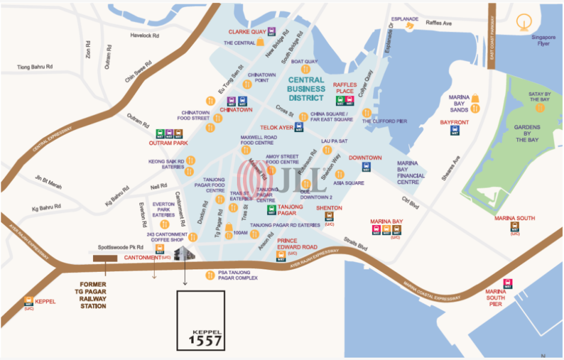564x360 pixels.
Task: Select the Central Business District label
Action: pos(307,89)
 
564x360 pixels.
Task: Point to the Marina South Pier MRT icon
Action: pos(508,284)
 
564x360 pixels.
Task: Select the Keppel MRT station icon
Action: pos(29,302)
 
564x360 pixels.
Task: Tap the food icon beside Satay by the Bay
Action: pos(539,107)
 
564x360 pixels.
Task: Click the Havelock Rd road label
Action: pos(145,35)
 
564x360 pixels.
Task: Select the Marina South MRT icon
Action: pos(514,227)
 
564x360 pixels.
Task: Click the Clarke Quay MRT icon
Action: pos(272,32)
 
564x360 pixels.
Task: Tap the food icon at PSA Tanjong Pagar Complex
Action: pos(209,275)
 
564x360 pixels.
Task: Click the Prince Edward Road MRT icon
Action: pos(280,256)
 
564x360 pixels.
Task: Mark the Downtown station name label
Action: pos(365,158)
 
